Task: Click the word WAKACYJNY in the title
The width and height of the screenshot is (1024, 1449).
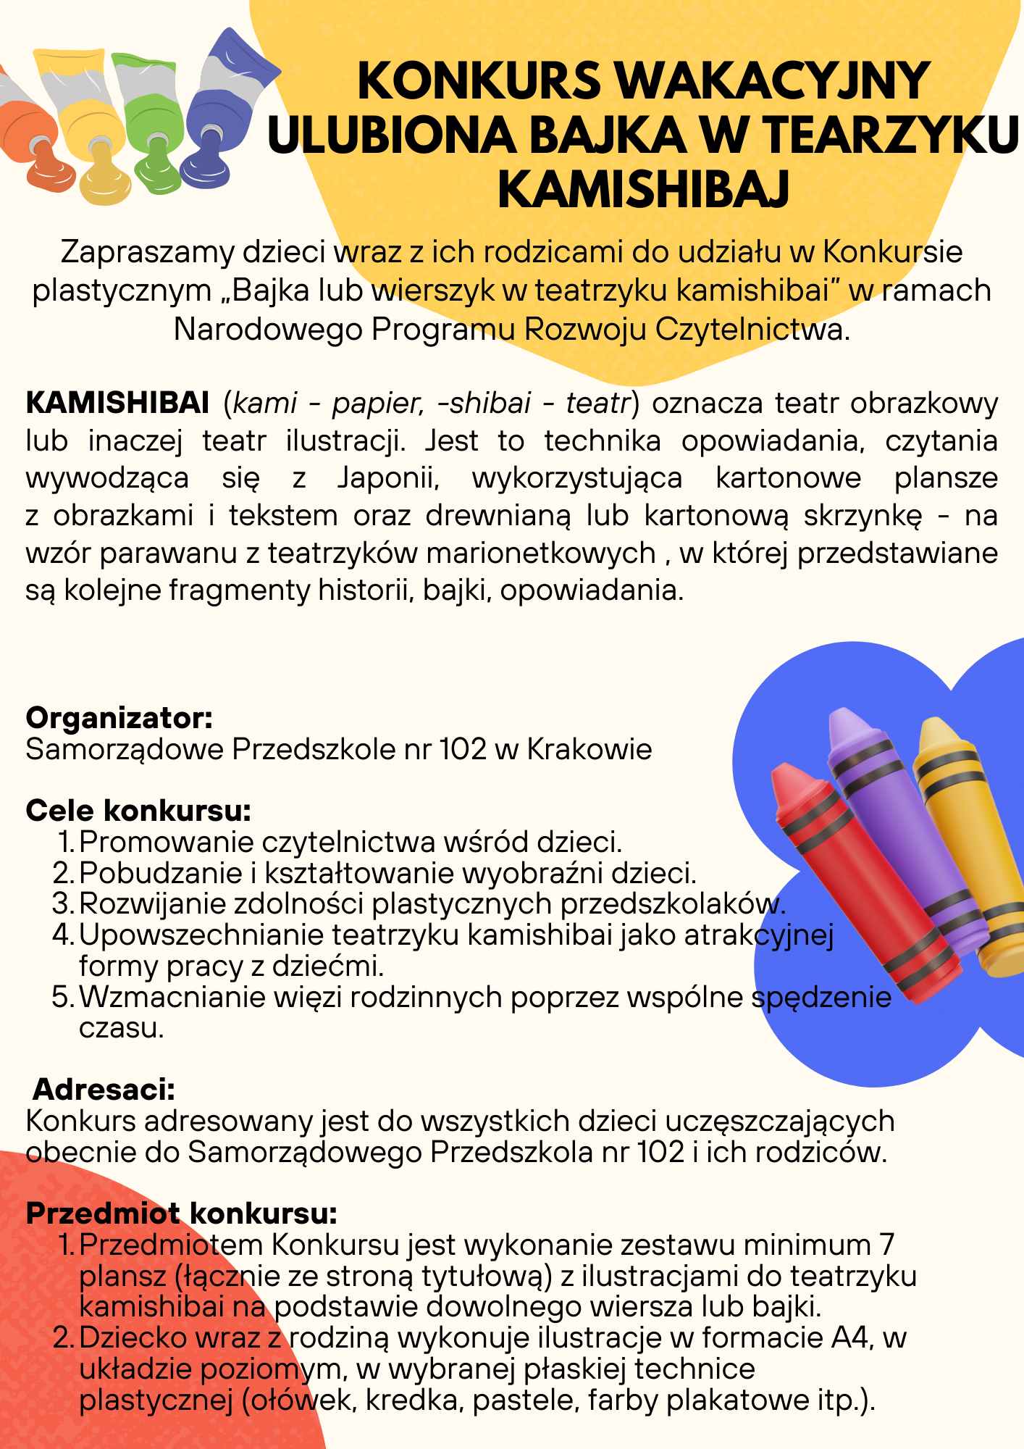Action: click(x=773, y=80)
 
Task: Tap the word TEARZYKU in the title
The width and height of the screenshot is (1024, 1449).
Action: click(x=891, y=135)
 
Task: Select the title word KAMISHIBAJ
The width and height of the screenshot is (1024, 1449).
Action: click(x=643, y=189)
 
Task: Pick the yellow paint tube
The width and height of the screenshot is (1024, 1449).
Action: click(x=88, y=123)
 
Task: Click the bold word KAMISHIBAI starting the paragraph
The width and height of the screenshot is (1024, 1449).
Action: click(x=117, y=403)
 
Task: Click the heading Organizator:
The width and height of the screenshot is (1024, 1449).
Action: click(x=119, y=718)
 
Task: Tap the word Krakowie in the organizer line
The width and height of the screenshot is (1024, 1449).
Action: click(x=589, y=749)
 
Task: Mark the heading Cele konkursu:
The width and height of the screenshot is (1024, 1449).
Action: click(x=138, y=811)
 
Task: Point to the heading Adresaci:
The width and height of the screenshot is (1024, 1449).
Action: click(x=104, y=1090)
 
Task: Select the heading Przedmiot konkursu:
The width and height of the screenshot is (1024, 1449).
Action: click(x=182, y=1213)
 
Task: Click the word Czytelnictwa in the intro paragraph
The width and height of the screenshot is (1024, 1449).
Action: click(x=752, y=329)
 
